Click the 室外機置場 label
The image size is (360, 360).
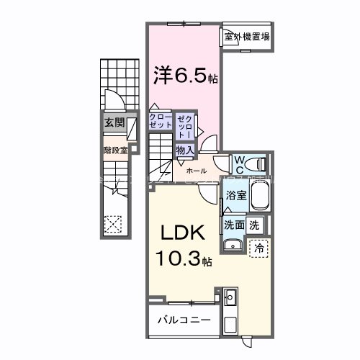point(246,37)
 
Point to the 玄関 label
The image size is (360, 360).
point(114,122)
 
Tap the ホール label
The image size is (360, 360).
point(197,171)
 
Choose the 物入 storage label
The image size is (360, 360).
point(184,150)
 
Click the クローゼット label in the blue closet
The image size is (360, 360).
point(161,120)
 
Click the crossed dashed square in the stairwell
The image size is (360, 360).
point(114,224)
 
